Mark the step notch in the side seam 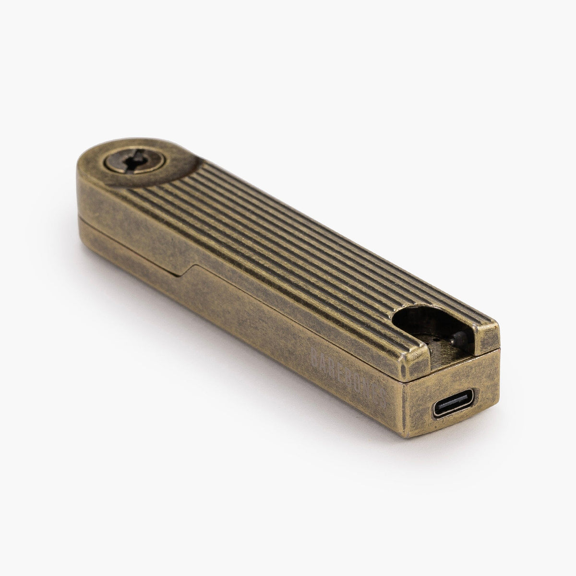click(187, 270)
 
